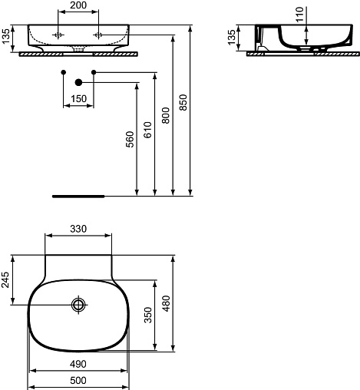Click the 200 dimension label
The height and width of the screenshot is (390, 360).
tap(78, 5)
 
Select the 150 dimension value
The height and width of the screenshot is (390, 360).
tap(78, 98)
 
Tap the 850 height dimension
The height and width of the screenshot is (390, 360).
tap(183, 102)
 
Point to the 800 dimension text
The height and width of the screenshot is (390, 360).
tap(166, 115)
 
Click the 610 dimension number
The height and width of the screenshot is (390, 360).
tap(148, 130)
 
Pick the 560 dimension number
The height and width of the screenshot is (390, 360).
tap(130, 140)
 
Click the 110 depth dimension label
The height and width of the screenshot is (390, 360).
tap(299, 15)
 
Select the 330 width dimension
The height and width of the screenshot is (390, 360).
tap(78, 229)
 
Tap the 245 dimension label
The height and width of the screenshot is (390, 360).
tap(5, 280)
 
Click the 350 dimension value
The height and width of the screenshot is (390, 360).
tap(148, 316)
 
